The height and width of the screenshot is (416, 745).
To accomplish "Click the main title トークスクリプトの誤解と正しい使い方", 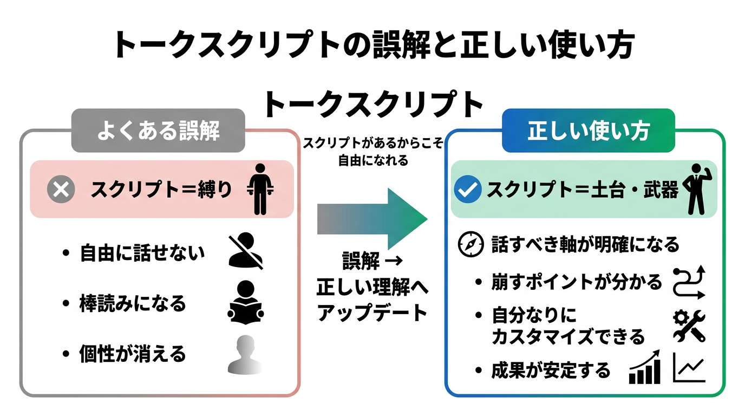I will pyautogui.click(x=373, y=45).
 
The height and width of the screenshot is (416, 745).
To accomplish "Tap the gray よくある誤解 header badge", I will pyautogui.click(x=158, y=131).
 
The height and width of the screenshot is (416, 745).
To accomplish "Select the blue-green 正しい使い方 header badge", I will pyautogui.click(x=588, y=131).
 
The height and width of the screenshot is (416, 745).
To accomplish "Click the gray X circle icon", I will pyautogui.click(x=61, y=189).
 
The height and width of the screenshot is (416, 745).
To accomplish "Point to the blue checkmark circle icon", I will pyautogui.click(x=467, y=189).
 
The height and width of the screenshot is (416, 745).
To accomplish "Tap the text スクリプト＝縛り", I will pyautogui.click(x=161, y=190).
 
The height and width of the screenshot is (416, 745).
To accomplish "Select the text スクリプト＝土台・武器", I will pyautogui.click(x=583, y=190).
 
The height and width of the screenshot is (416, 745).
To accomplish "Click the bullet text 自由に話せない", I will pyautogui.click(x=142, y=253).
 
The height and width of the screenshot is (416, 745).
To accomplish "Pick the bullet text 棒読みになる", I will pyautogui.click(x=133, y=303).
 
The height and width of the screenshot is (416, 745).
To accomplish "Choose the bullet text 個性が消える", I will pyautogui.click(x=133, y=354).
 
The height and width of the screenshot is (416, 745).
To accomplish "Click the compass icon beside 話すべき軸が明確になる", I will pyautogui.click(x=470, y=244).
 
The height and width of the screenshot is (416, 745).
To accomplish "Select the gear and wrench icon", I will pyautogui.click(x=689, y=325).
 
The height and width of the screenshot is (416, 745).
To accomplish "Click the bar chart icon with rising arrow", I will pyautogui.click(x=645, y=367).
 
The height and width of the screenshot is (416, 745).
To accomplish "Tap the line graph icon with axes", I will pyautogui.click(x=689, y=367).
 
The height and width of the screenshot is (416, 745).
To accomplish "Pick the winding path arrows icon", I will pyautogui.click(x=689, y=282).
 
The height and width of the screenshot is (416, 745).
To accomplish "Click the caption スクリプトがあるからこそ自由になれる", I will pyautogui.click(x=373, y=152).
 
